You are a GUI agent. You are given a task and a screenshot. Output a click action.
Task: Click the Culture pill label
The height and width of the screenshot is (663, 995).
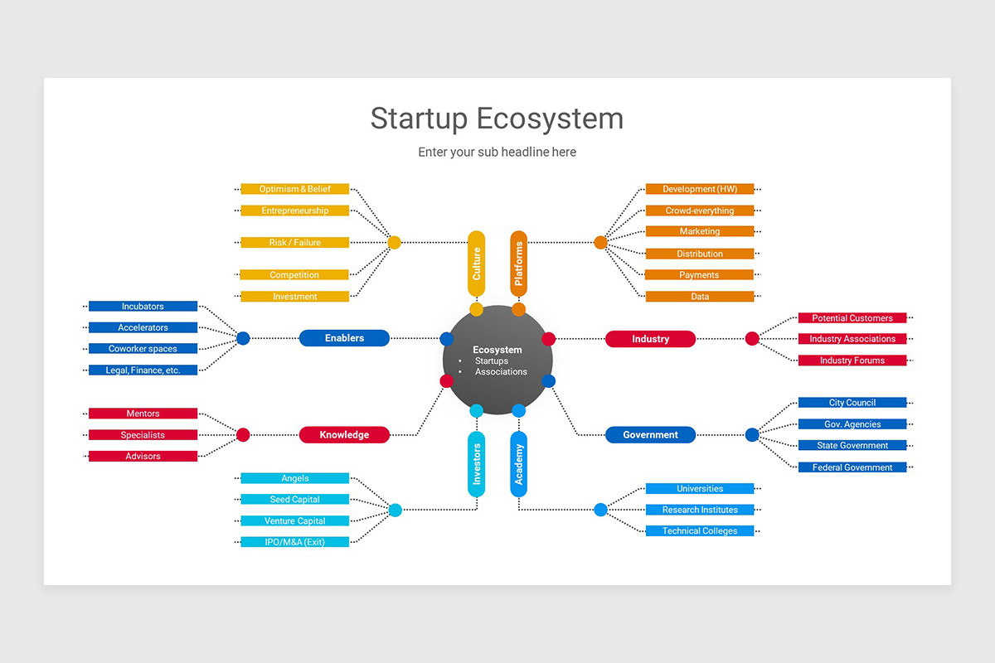click(476, 264)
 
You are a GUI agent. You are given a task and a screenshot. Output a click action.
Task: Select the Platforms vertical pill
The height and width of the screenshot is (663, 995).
click(518, 264)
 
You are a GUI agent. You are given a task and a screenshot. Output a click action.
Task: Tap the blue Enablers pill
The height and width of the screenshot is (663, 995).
click(344, 338)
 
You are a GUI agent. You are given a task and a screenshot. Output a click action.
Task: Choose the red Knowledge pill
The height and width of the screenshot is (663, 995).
click(344, 435)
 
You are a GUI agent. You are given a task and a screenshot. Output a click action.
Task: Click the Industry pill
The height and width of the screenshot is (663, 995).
click(650, 339)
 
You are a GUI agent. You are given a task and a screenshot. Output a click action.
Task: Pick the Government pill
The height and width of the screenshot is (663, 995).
click(650, 435)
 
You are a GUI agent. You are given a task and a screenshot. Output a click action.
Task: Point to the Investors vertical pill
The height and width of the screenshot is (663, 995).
click(476, 464)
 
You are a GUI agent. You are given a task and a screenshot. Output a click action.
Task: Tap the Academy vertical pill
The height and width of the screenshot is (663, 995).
click(518, 464)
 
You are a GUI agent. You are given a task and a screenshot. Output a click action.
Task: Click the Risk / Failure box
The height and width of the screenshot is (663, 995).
click(295, 243)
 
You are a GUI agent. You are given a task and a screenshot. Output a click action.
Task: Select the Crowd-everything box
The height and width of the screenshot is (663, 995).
click(700, 211)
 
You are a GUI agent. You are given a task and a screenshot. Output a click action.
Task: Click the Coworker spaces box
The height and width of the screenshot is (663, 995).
click(143, 349)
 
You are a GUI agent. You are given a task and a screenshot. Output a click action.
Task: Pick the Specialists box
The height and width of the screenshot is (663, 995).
click(143, 435)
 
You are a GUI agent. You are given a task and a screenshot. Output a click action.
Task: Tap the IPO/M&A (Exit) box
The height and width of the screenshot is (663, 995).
click(295, 542)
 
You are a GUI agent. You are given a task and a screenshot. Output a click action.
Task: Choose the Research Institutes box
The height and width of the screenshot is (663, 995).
click(700, 510)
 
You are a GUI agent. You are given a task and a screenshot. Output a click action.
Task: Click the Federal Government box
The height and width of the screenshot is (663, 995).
click(852, 467)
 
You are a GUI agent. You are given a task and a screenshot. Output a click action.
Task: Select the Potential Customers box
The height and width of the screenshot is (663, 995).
click(852, 318)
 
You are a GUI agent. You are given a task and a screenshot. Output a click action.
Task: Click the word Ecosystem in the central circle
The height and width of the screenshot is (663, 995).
click(497, 350)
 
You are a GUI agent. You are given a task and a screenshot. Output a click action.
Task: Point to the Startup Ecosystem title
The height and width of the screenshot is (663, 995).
click(497, 119)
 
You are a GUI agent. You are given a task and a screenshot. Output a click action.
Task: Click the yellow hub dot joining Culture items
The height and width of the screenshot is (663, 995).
click(394, 243)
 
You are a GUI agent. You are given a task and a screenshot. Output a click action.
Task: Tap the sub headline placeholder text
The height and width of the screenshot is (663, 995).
click(497, 152)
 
